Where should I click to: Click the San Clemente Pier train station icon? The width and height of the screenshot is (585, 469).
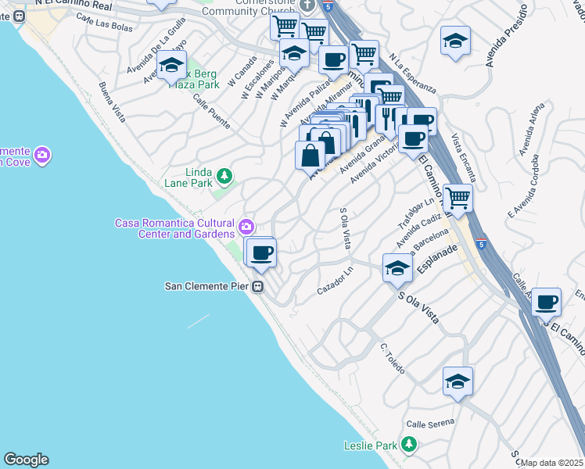point(257,287)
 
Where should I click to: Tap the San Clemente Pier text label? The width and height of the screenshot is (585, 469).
point(206,286)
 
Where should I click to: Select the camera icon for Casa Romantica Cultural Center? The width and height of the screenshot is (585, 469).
point(246,227)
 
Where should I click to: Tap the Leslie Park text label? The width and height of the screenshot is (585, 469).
point(371,446)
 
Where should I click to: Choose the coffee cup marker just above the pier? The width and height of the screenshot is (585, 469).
point(262,252)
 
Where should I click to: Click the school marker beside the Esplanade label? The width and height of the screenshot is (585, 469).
point(397,267)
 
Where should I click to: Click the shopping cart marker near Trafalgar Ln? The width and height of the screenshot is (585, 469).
point(458,198)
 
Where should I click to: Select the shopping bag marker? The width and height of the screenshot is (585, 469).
point(310,154)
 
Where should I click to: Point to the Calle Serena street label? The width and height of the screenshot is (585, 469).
point(429,421)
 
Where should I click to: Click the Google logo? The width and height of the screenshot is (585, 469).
point(26,460)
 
